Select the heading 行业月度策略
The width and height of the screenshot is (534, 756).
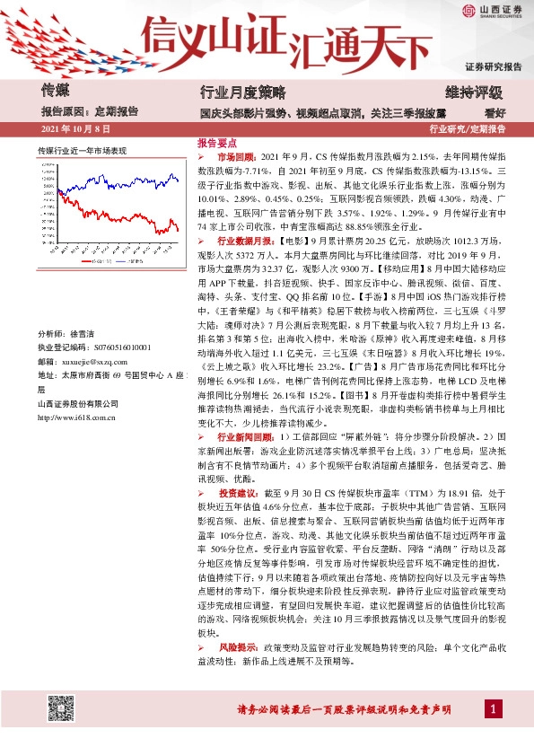[241, 92]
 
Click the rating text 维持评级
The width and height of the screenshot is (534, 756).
[474, 92]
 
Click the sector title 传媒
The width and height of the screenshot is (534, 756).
[56, 91]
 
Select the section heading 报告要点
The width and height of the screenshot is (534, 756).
[217, 143]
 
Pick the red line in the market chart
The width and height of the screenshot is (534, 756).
[135, 207]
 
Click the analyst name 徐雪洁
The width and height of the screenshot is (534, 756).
[86, 333]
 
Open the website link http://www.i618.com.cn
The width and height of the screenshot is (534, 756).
[87, 418]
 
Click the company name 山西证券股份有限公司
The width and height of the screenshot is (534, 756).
[82, 404]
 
